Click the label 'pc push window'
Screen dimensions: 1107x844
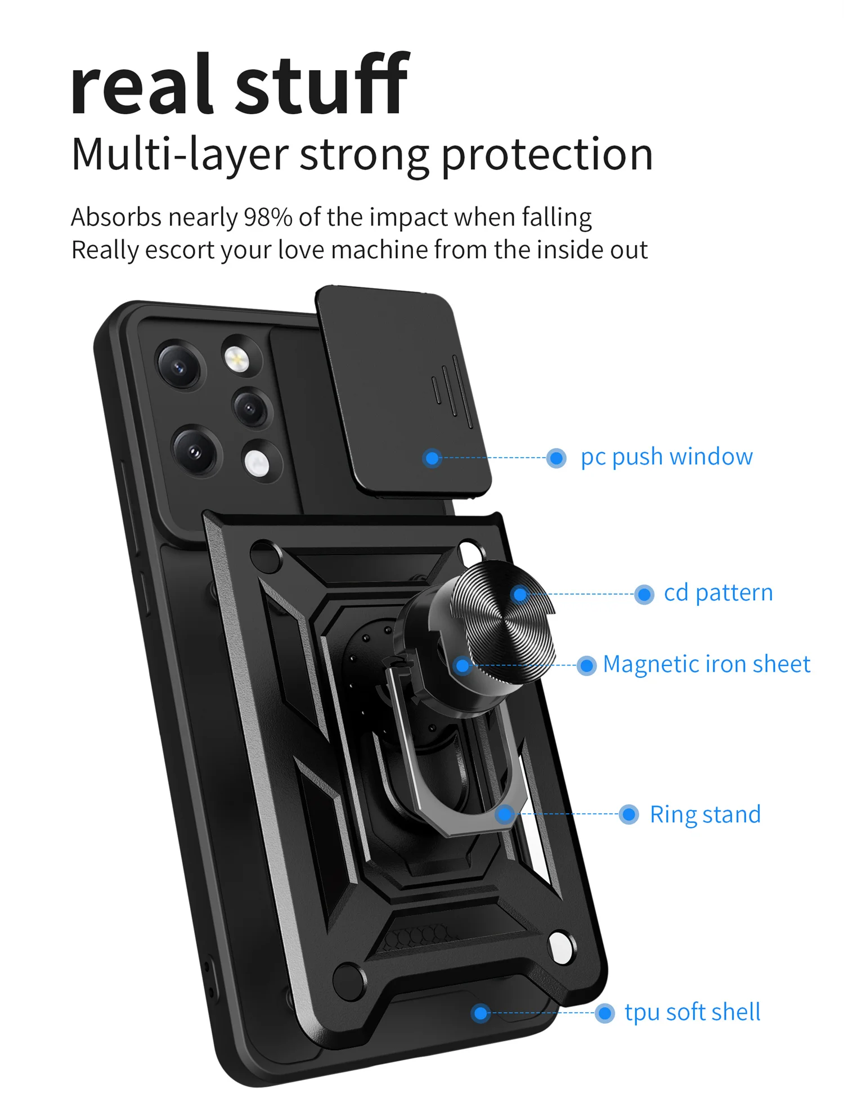pyautogui.click(x=666, y=457)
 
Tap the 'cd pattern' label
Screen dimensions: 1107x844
pyautogui.click(x=718, y=593)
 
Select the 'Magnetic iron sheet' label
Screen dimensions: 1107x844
pyautogui.click(x=706, y=664)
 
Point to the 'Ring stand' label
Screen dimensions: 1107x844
pyautogui.click(x=705, y=814)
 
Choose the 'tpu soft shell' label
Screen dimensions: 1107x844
pyautogui.click(x=692, y=1012)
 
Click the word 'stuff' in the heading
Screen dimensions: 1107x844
pyautogui.click(x=322, y=84)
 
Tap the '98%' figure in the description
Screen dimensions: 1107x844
pyautogui.click(x=268, y=217)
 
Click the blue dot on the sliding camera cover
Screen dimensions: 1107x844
pyautogui.click(x=432, y=458)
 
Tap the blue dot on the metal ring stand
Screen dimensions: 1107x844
pyautogui.click(x=505, y=814)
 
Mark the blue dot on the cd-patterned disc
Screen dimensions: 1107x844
pyautogui.click(x=520, y=594)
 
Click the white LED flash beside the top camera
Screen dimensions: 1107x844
pyautogui.click(x=237, y=357)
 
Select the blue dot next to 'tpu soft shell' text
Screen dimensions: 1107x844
pyautogui.click(x=604, y=1014)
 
